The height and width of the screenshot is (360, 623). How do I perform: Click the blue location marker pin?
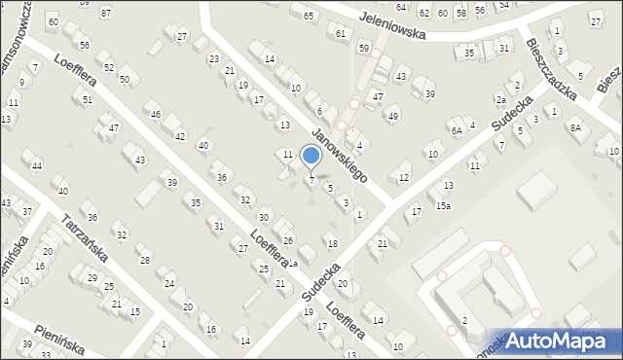point(311,156)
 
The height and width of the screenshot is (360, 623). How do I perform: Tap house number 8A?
point(575,127)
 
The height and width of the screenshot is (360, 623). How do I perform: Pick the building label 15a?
point(443,206)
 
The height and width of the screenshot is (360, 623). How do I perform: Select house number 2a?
point(500,100)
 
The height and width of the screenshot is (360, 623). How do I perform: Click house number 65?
point(308,17)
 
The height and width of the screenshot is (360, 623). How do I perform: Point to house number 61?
point(341,34)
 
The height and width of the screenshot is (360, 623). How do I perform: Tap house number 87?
point(105,12)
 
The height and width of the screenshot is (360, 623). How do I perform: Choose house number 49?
point(392,117)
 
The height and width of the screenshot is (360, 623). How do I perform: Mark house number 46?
point(156,115)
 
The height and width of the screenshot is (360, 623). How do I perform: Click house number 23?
point(213,59)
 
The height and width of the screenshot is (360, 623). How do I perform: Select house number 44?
point(37,166)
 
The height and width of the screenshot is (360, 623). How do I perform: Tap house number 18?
point(332,242)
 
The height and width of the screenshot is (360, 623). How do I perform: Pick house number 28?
point(144,260)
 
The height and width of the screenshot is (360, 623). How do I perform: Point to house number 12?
point(404,177)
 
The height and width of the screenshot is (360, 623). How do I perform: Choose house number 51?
point(88,100)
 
